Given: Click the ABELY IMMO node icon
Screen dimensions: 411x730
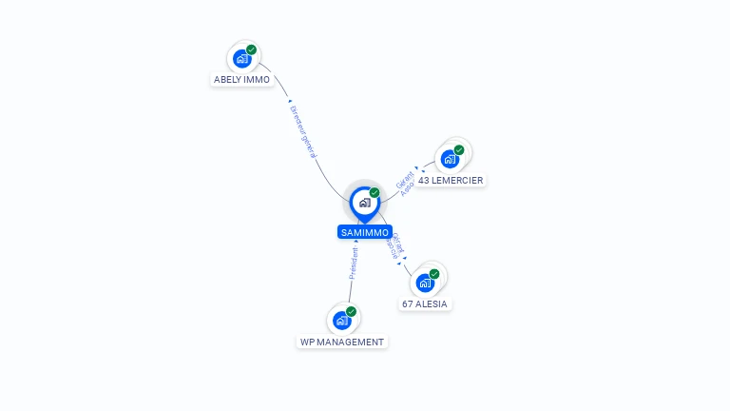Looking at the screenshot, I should click(242, 58).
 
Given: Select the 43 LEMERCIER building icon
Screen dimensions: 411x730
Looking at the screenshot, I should click(450, 158).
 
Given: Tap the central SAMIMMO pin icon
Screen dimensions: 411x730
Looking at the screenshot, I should click(364, 203).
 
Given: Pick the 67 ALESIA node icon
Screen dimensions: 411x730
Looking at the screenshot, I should click(425, 283).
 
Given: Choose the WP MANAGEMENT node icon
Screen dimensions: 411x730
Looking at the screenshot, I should click(341, 321).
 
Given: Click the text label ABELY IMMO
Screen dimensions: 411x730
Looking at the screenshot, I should click(241, 80).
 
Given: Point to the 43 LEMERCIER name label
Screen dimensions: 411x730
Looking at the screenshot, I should click(451, 180).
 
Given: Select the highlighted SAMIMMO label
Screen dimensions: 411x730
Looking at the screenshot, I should click(364, 232).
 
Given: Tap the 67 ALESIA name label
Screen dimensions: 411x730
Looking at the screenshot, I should click(424, 304).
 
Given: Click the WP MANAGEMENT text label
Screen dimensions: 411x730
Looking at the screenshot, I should click(342, 342).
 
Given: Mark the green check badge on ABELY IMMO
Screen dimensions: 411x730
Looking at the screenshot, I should click(251, 49).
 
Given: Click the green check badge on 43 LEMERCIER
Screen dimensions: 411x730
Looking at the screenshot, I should click(458, 149).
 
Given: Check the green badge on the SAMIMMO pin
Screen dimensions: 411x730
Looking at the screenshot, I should click(375, 192).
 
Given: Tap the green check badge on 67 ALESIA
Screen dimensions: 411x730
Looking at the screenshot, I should click(434, 274).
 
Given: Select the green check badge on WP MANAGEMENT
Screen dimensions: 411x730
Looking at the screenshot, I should click(351, 311).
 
